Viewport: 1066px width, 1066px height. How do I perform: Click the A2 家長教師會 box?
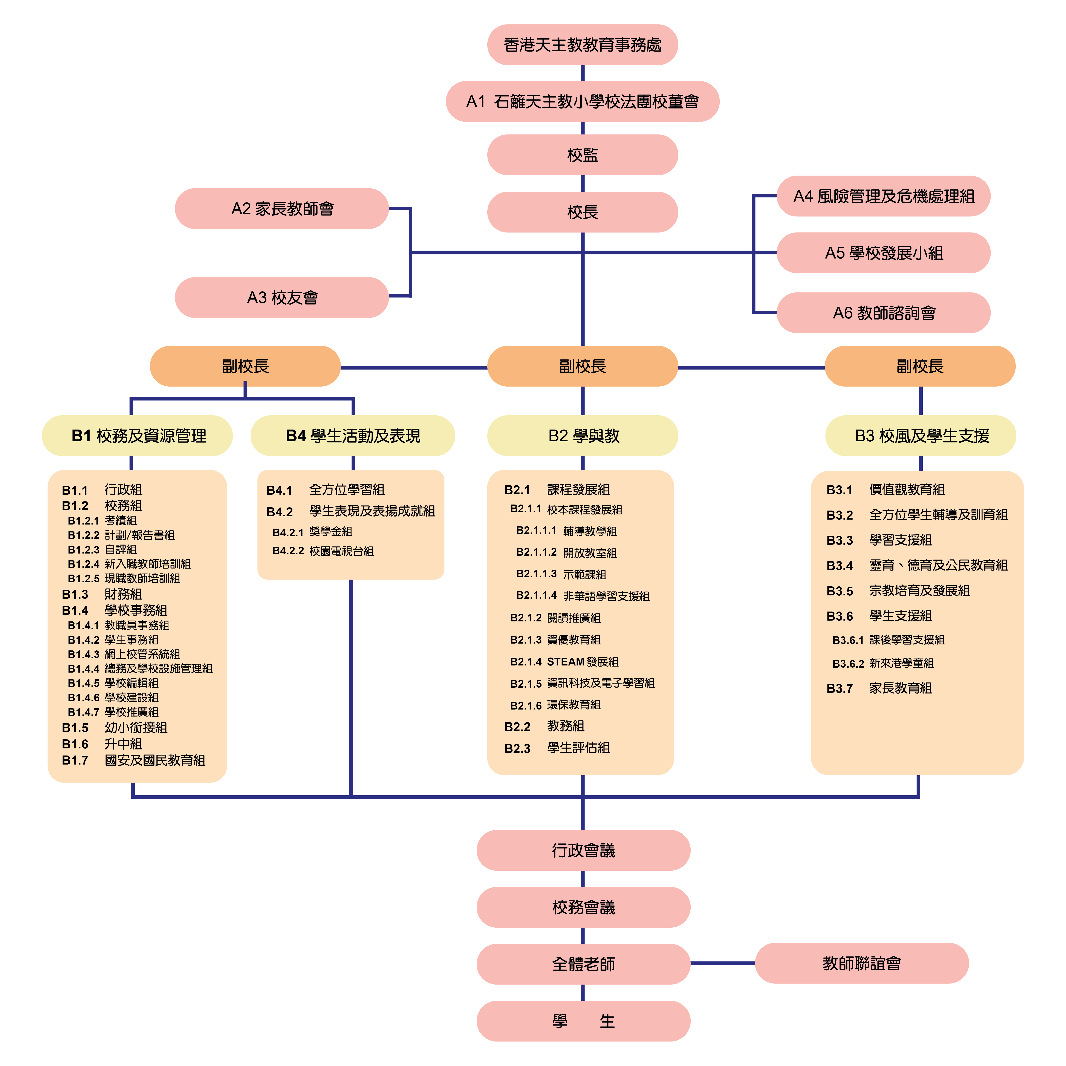pyautogui.click(x=282, y=209)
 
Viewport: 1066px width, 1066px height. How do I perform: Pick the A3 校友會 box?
pyautogui.click(x=282, y=297)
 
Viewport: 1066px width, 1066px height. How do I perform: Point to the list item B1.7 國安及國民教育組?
pyautogui.click(x=133, y=760)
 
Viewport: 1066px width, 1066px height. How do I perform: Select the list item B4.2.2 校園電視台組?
pyautogui.click(x=323, y=551)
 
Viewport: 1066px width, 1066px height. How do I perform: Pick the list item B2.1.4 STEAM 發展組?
pyautogui.click(x=564, y=662)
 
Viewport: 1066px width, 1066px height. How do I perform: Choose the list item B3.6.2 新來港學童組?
pyautogui.click(x=883, y=663)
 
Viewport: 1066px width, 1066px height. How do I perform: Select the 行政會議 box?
pyautogui.click(x=583, y=850)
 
